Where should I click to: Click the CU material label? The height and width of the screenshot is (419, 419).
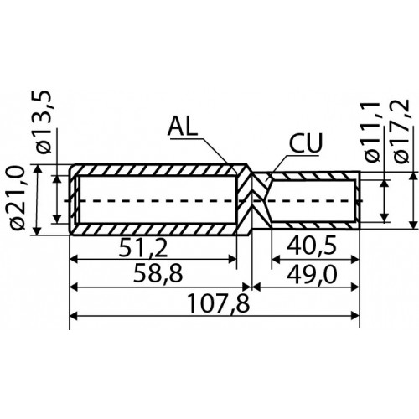[306, 142]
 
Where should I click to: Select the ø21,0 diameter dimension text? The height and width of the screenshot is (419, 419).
[18, 198]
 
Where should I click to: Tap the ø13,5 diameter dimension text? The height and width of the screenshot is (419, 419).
[43, 122]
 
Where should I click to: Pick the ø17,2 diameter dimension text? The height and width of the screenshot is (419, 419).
[401, 131]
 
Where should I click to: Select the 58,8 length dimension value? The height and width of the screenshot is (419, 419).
[158, 274]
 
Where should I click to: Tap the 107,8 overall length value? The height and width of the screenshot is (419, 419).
[219, 303]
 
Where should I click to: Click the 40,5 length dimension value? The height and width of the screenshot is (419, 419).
[312, 246]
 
